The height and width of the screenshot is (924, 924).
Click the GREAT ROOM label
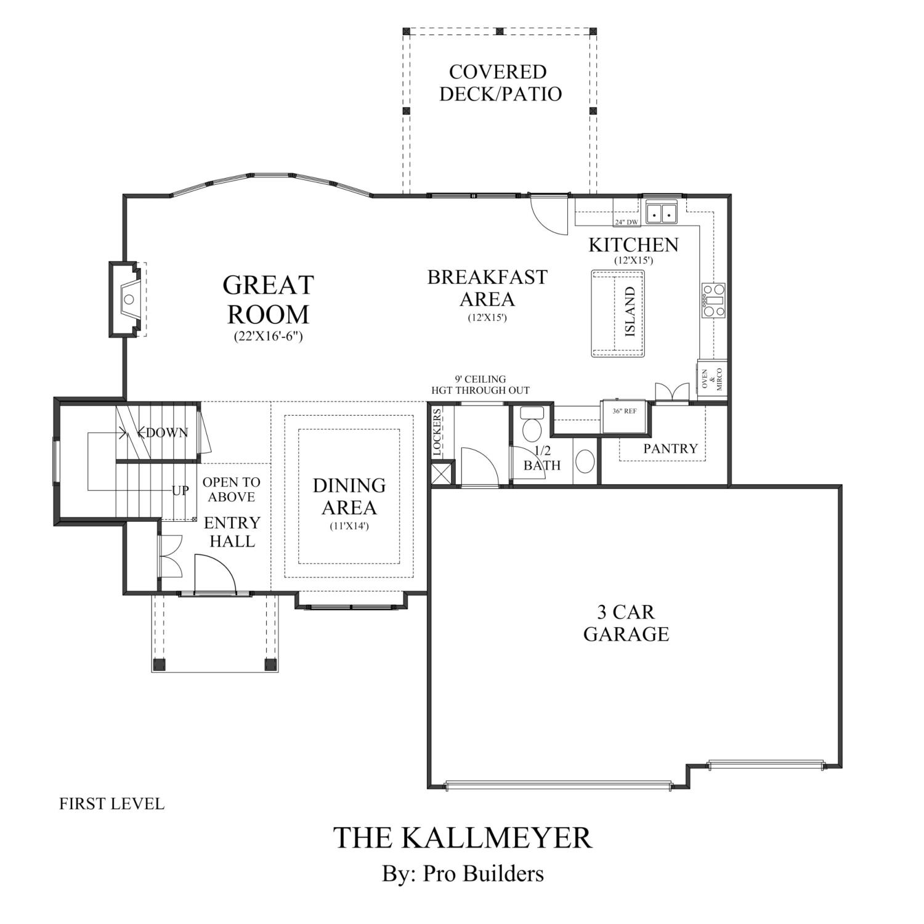click(x=268, y=299)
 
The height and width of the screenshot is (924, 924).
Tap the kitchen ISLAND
click(x=618, y=314)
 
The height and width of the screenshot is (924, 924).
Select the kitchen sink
click(x=661, y=213)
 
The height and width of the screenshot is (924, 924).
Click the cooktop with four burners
click(x=713, y=300)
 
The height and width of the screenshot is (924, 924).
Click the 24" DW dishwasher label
click(x=626, y=222)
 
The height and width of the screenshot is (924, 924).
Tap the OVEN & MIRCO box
click(x=712, y=380)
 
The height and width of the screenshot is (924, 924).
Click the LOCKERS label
click(x=437, y=433)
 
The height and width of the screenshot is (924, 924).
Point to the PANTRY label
click(x=670, y=448)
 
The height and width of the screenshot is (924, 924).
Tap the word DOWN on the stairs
click(x=167, y=433)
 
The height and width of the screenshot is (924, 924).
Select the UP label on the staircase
click(x=180, y=491)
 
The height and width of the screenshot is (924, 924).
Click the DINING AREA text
click(x=349, y=496)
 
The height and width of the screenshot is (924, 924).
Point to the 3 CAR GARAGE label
click(x=626, y=623)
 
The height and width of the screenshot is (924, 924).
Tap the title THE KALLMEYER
click(x=463, y=838)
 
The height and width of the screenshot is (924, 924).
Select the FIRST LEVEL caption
click(x=111, y=804)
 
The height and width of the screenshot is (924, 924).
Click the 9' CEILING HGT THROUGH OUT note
click(x=480, y=384)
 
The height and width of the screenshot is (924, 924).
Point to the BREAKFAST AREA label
click(x=487, y=288)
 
